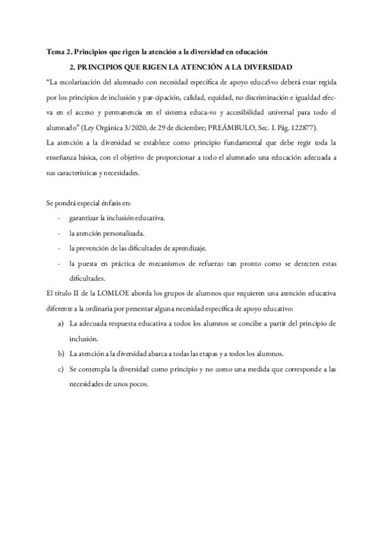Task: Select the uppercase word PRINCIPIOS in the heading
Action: (105, 66)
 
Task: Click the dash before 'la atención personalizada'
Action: (59, 233)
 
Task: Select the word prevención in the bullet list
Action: (97, 247)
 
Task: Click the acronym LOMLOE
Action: (98, 293)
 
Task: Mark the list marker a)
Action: (61, 323)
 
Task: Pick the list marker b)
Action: (61, 353)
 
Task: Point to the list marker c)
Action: (61, 369)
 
